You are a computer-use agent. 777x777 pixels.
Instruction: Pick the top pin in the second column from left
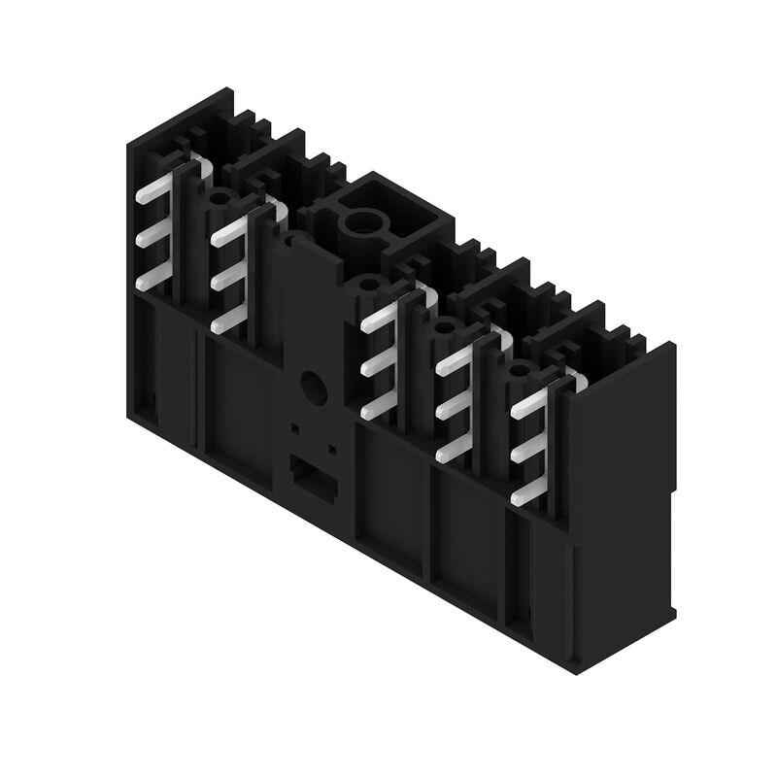tap(229, 230)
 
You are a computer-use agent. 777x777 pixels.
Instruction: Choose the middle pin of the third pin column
tap(380, 364)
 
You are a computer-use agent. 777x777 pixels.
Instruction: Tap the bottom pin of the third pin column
tap(380, 408)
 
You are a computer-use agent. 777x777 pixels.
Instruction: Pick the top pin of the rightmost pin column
tap(529, 405)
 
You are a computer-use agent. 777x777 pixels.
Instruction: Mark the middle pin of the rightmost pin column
tap(529, 450)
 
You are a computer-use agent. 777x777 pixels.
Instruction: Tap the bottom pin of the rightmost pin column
tap(529, 493)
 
